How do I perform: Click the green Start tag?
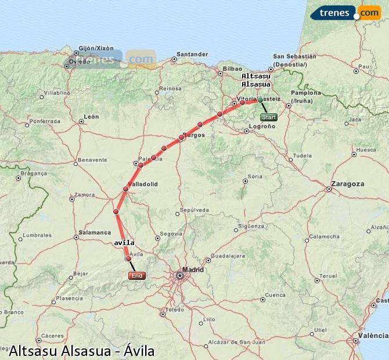pyautogui.click(x=268, y=117)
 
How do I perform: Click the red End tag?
pyautogui.click(x=136, y=276)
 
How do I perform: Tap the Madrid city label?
pyautogui.click(x=193, y=269)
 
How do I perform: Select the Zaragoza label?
pyautogui.click(x=347, y=183)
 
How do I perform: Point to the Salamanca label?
pyautogui.click(x=94, y=232)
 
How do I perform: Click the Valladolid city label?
pyautogui.click(x=143, y=184)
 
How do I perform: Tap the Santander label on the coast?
pyautogui.click(x=192, y=55)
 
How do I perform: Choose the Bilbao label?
pyautogui.click(x=232, y=69)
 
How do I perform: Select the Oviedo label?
pyautogui.click(x=80, y=61)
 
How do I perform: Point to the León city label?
pyautogui.click(x=91, y=117)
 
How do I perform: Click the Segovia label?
pyautogui.click(x=171, y=233)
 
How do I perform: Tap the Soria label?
pyautogui.click(x=255, y=176)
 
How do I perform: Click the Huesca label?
pyautogui.click(x=366, y=149)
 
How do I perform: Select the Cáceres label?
pyautogui.click(x=52, y=336)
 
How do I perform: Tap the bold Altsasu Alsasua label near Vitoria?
pyautogui.click(x=255, y=80)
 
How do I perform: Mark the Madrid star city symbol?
pyautogui.click(x=179, y=275)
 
